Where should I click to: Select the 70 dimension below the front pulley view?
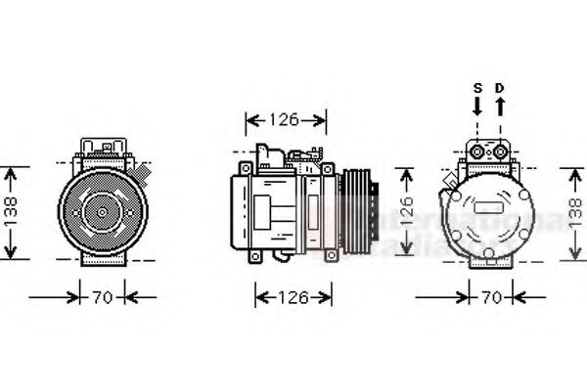coord(103,296)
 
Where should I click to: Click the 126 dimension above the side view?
coord(284,120)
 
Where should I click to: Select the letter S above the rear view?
coord(477,88)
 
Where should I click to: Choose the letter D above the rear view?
coord(499,88)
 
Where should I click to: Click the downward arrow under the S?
coord(477,105)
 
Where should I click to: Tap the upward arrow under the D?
coord(499,105)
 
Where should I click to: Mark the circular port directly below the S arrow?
coord(478,149)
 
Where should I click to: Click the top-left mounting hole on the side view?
coord(237,172)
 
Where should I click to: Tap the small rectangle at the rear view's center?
coord(488,208)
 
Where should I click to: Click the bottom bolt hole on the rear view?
coord(488,252)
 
